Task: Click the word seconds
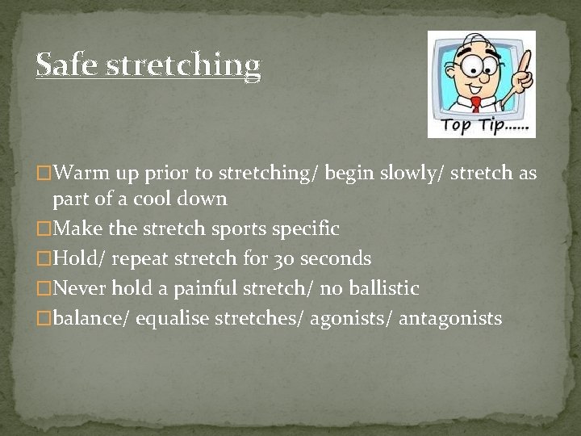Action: point(338,259)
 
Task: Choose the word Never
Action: point(80,288)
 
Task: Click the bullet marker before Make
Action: point(43,229)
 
